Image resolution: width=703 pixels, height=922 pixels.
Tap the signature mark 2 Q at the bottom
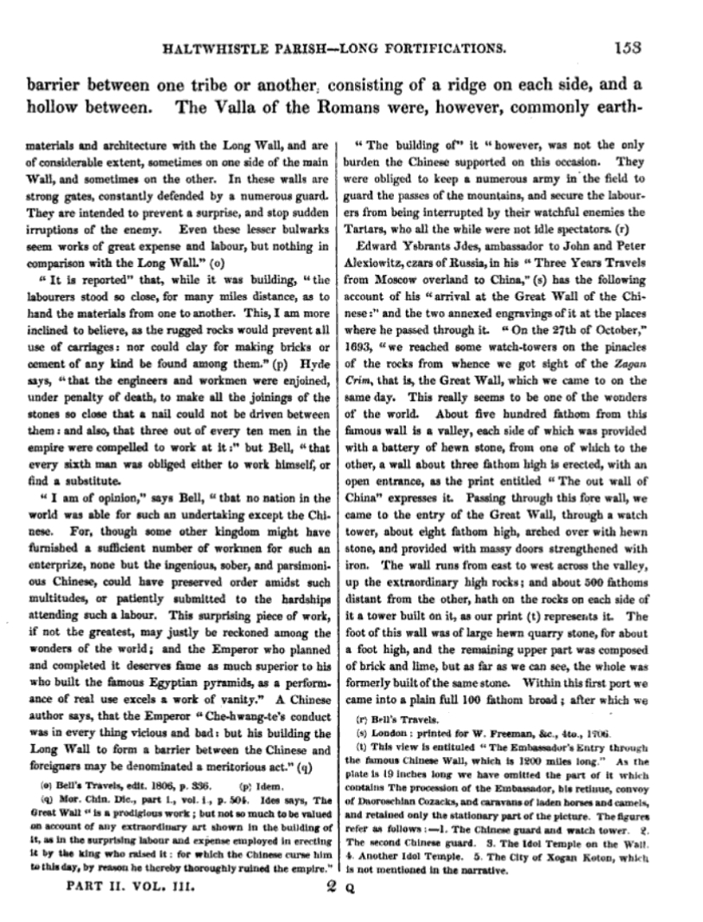(x=335, y=888)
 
